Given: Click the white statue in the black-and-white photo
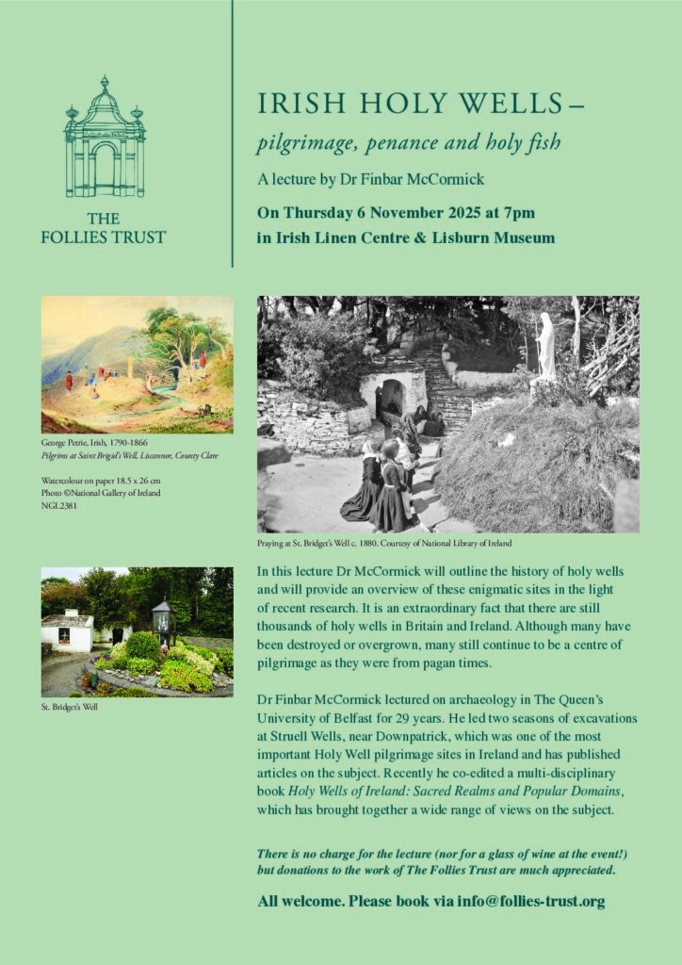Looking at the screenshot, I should coord(546,346).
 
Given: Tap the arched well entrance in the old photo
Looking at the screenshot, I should coord(393,396).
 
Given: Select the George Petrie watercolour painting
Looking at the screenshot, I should coord(138,364).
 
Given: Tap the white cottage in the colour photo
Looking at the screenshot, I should coord(67,632).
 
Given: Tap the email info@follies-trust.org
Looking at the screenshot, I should coord(531,902).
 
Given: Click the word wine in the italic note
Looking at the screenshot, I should coord(523,854).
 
